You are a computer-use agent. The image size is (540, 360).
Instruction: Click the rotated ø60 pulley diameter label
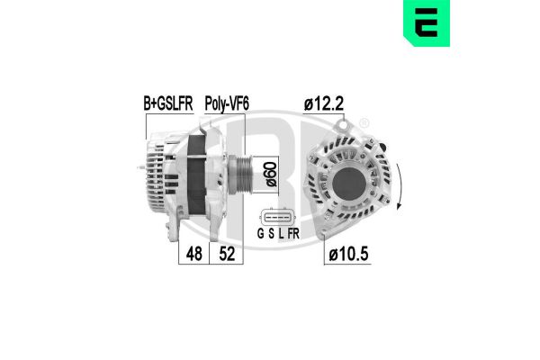(271, 173)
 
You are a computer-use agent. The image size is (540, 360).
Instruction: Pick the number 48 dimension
(193, 256)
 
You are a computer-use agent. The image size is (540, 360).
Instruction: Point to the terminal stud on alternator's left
(142, 167)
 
